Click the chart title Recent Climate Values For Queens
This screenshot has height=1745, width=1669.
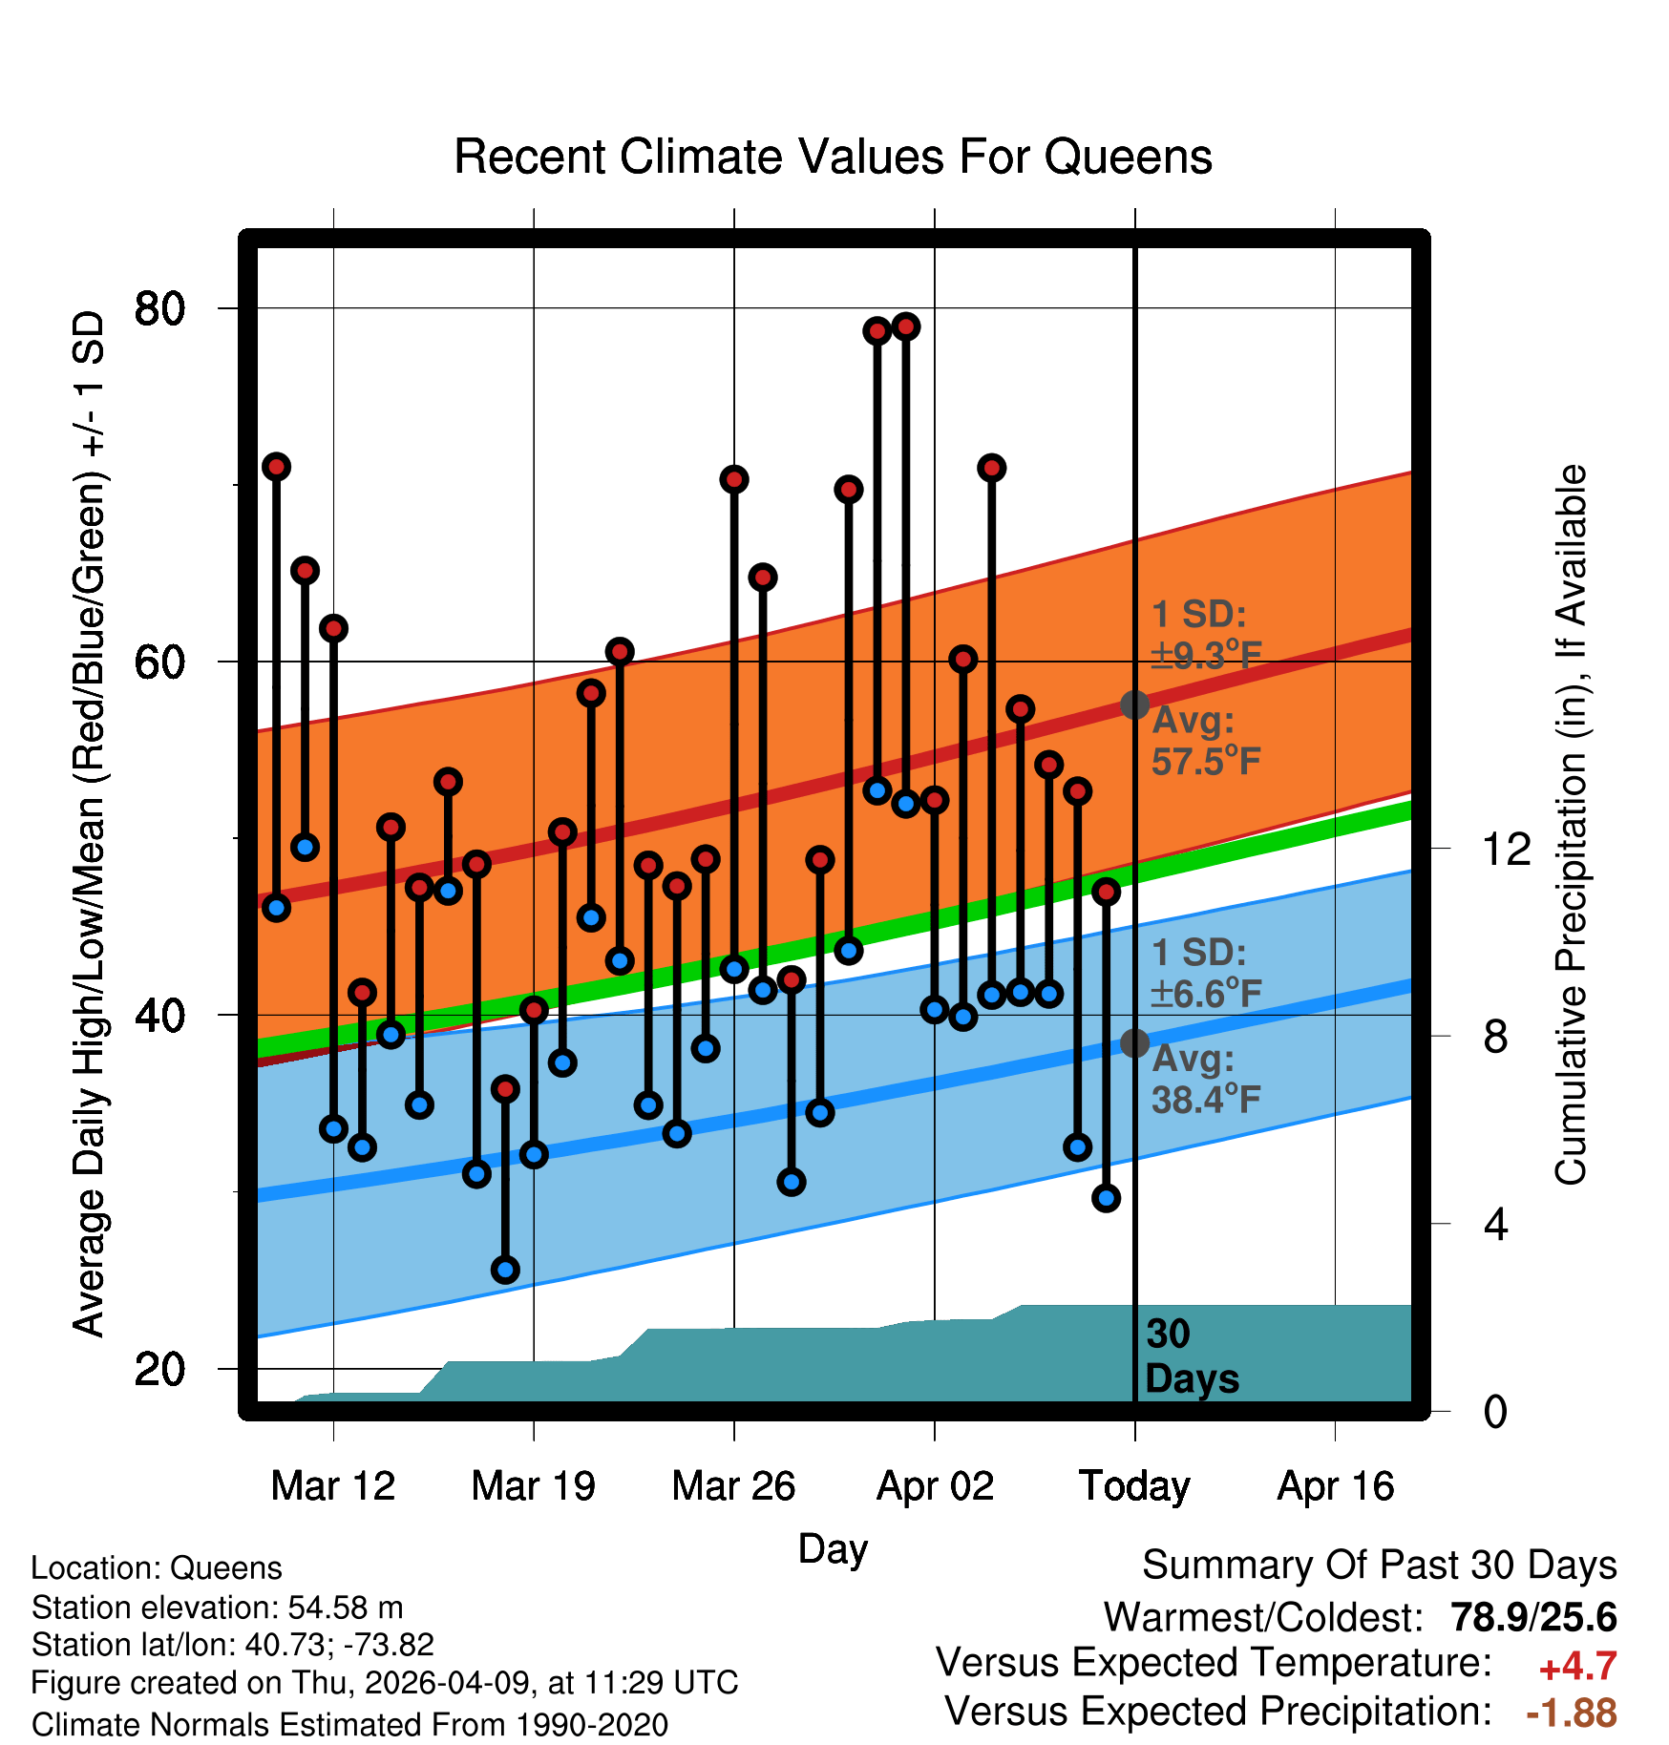[833, 158]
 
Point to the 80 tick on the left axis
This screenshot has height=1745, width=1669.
[160, 308]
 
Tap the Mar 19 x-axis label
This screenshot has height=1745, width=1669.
[533, 1486]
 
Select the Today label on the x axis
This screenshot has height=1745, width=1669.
[1134, 1486]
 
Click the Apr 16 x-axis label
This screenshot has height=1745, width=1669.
[1336, 1486]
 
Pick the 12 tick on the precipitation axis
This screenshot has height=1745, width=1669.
[1507, 849]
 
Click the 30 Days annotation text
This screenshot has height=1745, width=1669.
[1192, 1356]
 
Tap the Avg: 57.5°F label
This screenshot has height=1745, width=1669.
[1206, 741]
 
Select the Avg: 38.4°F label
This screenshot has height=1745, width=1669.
[1206, 1080]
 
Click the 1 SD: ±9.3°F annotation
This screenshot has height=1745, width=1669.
[1206, 635]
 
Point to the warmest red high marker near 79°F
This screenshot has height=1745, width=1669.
[906, 326]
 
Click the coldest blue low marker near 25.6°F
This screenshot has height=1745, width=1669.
[505, 1270]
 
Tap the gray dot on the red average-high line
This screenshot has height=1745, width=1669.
[1134, 704]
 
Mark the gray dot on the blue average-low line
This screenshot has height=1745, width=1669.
[1134, 1042]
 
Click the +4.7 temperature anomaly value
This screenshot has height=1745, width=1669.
[1578, 1667]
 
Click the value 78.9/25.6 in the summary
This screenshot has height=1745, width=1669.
[1533, 1617]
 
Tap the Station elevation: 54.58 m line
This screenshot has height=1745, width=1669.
[218, 1608]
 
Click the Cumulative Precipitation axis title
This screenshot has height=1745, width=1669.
[1571, 825]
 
